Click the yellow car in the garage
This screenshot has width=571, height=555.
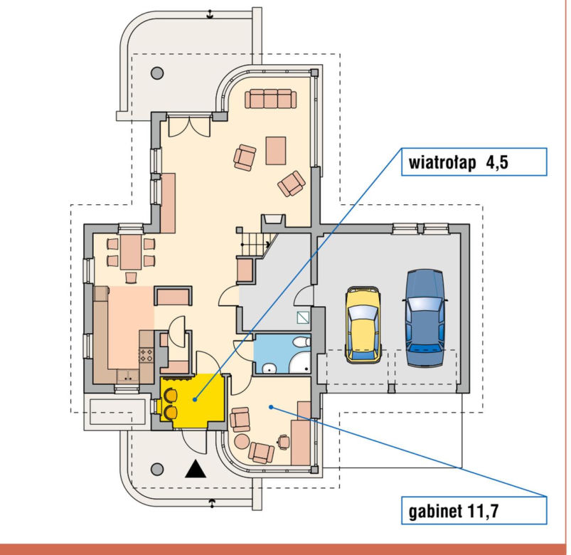[x=363, y=324]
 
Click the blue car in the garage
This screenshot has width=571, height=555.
[x=425, y=318]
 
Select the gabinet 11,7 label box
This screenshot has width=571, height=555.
[x=474, y=510]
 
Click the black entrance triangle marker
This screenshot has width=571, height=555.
[x=196, y=469]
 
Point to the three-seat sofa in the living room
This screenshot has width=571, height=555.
[x=271, y=99]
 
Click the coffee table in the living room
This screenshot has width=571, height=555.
[x=276, y=151]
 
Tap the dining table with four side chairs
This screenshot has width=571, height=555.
[x=131, y=252]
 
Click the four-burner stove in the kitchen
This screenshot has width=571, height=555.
[x=146, y=354]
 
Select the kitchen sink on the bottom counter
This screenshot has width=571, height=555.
[x=127, y=376]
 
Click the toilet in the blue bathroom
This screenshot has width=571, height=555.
[x=302, y=342]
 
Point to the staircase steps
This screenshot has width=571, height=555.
[x=255, y=244]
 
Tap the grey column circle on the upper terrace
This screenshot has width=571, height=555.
[x=157, y=73]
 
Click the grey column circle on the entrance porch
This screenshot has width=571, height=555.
[x=157, y=469]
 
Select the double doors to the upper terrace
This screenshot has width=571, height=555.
[x=189, y=126]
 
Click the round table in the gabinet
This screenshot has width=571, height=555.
[x=242, y=441]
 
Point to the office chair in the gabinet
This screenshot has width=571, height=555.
[x=284, y=441]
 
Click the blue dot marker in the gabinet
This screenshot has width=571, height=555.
[x=271, y=407]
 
